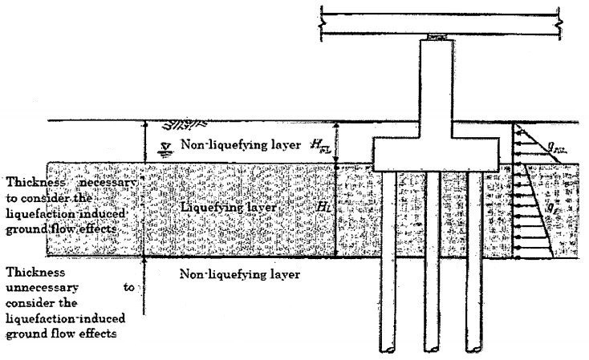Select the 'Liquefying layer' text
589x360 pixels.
coord(229,208)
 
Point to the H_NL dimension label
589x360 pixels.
coord(320,146)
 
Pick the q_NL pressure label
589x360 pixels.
coord(554,147)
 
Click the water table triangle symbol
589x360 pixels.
coord(165,146)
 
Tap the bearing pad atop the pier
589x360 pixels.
coord(438,38)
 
